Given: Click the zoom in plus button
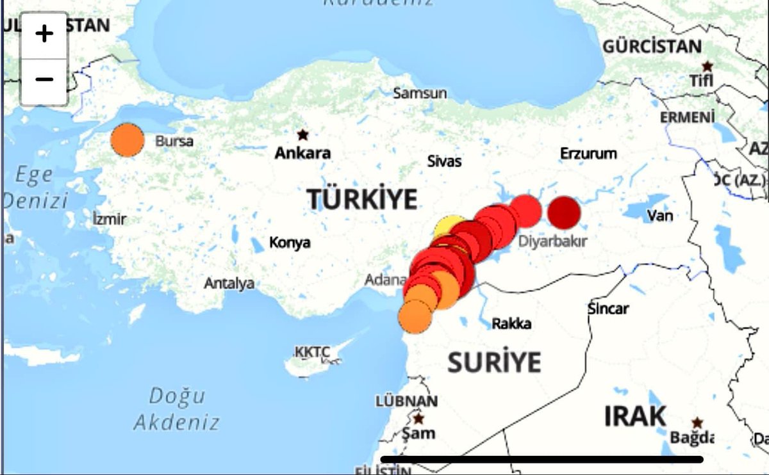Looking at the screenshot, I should [44, 34].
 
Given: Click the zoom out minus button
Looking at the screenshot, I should [44, 80].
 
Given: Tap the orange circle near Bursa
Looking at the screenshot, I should [128, 140].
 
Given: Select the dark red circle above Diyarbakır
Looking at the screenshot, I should [564, 212].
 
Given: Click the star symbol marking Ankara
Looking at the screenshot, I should [302, 135].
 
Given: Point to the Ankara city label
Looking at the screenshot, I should [302, 154].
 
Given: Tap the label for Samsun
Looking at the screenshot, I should [420, 93].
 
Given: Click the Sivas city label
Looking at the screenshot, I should [444, 161].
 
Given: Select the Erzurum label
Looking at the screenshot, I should [588, 154].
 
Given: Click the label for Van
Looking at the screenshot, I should [659, 216].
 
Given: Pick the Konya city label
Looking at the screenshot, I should [290, 243].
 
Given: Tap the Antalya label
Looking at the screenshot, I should [229, 283].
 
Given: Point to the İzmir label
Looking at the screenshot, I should [109, 220].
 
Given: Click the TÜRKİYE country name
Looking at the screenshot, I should [362, 200].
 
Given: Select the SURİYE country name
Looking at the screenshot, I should [494, 362].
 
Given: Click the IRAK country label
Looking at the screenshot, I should [635, 417].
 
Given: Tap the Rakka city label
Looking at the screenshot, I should [511, 324].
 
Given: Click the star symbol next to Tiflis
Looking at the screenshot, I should [707, 66].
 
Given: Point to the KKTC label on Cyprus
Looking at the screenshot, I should [312, 352].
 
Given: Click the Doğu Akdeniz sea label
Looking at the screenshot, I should [177, 409].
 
